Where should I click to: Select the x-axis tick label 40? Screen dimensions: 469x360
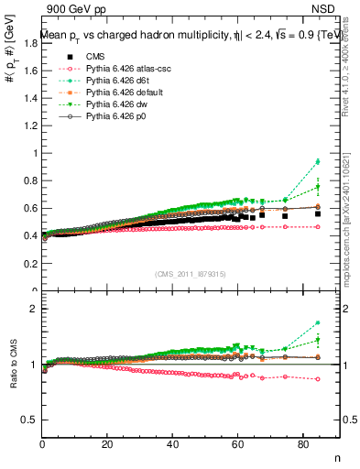click(x=172, y=445)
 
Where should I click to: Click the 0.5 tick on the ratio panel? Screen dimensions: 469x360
click(x=29, y=420)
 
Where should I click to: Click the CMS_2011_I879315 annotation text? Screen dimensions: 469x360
click(x=191, y=274)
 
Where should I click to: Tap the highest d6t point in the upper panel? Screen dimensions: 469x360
click(x=318, y=162)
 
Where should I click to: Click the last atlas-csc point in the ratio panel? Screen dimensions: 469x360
click(x=318, y=379)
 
